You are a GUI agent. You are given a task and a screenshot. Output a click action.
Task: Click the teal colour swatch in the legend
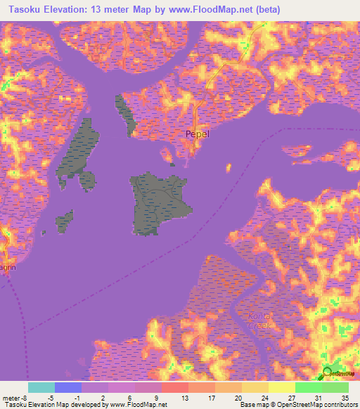[41, 387]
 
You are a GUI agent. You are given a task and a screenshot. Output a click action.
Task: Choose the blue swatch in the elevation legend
[68, 387]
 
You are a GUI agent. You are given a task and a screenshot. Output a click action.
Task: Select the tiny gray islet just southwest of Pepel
[173, 164]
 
